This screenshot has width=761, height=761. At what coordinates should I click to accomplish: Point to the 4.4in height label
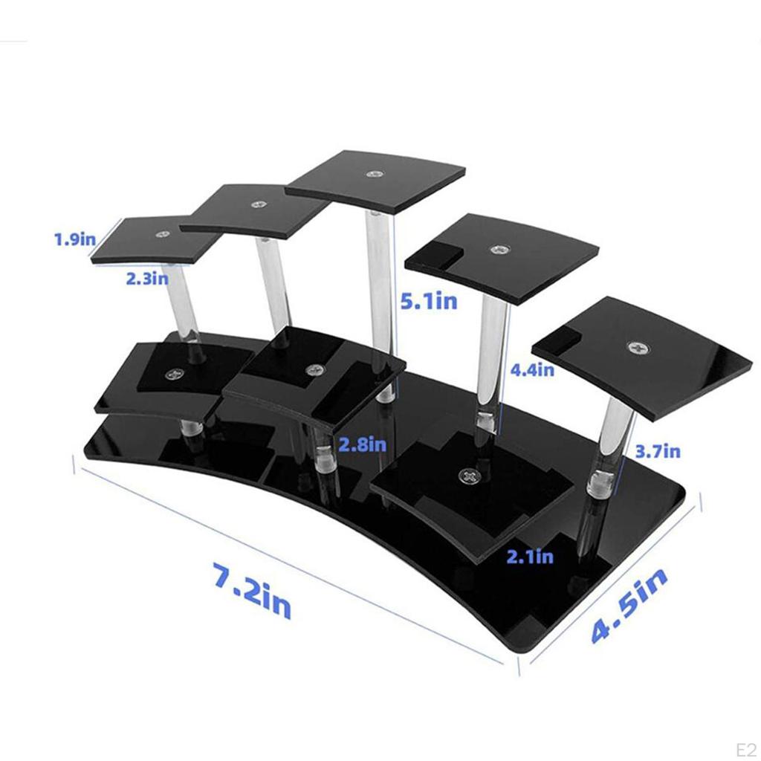(531, 369)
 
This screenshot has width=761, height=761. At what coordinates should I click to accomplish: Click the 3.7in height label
(658, 450)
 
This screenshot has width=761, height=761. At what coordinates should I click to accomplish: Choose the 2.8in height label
(363, 444)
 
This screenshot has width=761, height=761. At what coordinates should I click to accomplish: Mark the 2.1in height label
(530, 556)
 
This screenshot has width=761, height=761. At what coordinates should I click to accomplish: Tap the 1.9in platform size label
(75, 239)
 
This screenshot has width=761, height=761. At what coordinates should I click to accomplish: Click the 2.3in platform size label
(146, 278)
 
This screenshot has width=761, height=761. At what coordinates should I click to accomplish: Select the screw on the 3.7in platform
(637, 347)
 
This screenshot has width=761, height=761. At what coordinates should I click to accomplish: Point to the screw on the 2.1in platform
(469, 475)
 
